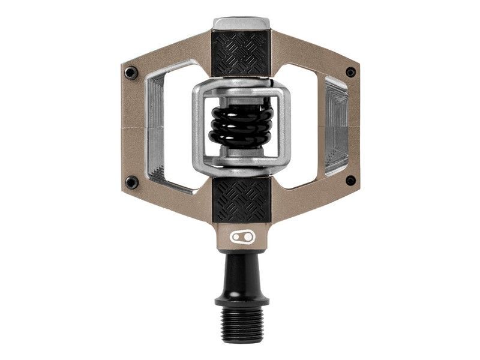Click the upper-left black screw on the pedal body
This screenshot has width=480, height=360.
[x=131, y=73]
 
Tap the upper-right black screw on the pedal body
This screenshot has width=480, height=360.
[x=350, y=72]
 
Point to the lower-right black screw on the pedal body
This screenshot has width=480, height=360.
[x=350, y=181]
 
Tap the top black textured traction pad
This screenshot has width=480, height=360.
[x=242, y=53]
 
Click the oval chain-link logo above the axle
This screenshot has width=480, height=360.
[x=242, y=236]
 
